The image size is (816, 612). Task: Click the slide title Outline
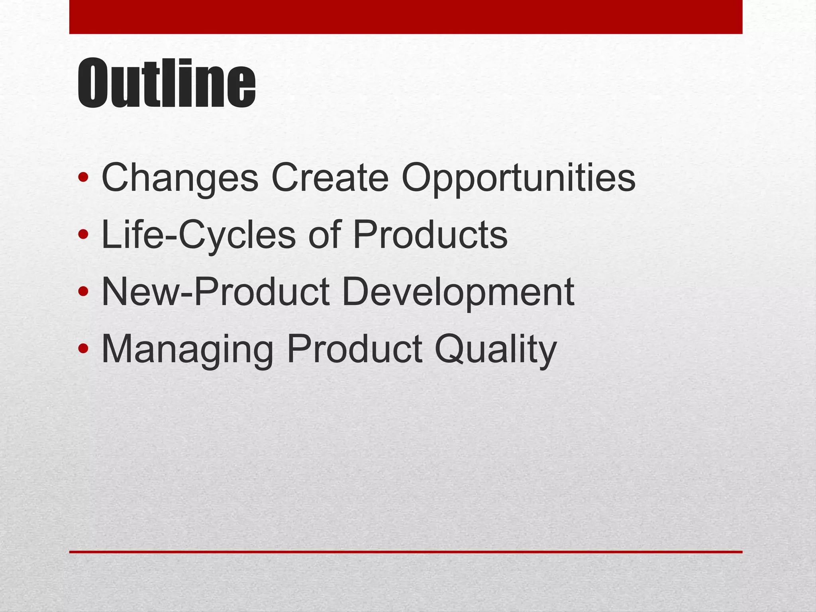(x=166, y=83)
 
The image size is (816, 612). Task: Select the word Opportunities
(x=518, y=178)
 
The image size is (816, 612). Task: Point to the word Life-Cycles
(x=198, y=235)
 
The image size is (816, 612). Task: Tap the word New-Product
(x=216, y=292)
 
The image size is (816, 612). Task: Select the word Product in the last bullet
(x=355, y=349)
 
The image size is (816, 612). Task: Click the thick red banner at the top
(x=406, y=17)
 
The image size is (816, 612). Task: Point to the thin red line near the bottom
(x=406, y=552)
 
